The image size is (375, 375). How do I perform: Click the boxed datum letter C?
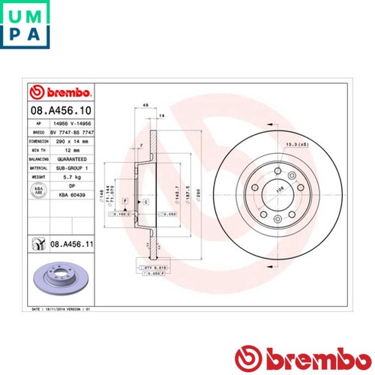(145, 202)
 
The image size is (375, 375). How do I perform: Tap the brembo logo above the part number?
(60, 92)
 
